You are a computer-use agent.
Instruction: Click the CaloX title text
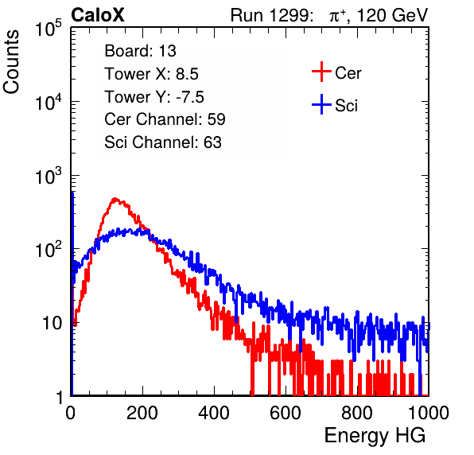98,15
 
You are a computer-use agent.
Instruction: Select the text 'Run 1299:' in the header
271,15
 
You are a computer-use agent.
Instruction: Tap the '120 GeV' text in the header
393,15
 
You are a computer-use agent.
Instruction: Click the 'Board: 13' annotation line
140,51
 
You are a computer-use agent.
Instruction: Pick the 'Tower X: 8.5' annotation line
151,74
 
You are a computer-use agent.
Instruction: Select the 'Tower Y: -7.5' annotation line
154,97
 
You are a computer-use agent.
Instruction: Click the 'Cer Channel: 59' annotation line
165,119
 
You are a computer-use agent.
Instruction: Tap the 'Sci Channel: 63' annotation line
163,142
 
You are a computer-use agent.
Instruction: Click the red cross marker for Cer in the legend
321,72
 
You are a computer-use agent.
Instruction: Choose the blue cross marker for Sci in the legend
321,104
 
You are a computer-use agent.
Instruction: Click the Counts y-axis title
11,62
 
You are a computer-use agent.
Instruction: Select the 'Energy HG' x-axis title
375,436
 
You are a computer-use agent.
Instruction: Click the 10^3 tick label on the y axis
49,176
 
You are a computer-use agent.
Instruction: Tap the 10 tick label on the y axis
52,323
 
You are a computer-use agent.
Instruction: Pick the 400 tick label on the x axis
214,413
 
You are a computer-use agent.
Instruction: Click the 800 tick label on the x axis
357,413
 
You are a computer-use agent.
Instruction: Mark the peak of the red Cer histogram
115,199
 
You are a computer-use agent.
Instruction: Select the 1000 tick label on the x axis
429,413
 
